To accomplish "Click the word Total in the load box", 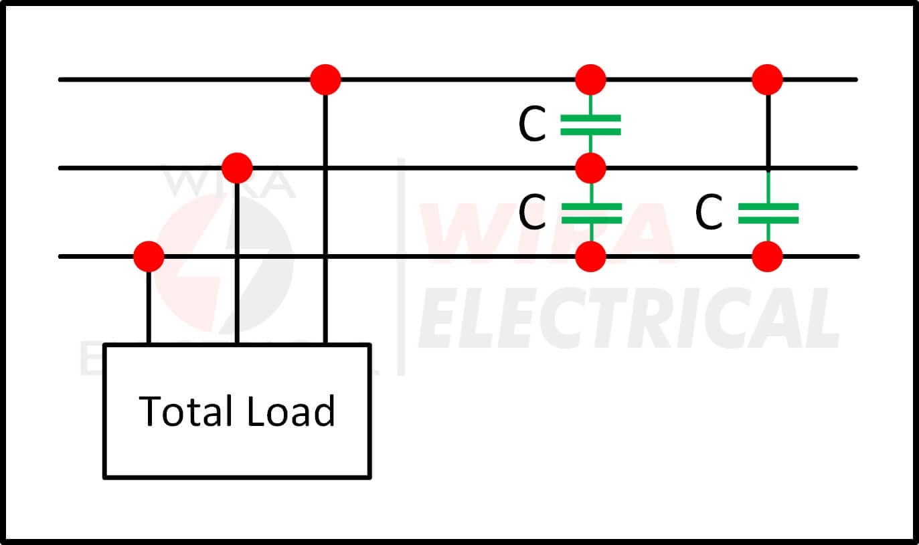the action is coord(186,411).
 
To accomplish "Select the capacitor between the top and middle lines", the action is coord(590,124).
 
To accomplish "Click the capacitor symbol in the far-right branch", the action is coord(768,213).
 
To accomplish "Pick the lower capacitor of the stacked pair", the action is coord(591,213).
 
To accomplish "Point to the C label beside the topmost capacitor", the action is coord(532,123).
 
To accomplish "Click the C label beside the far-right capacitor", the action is coord(709,211).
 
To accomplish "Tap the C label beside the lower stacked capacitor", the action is coord(532,211).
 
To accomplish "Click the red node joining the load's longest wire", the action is coord(325,80).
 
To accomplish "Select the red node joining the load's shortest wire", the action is coord(149,257).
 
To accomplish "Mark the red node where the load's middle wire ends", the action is coord(237,168).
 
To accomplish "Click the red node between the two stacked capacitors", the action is coord(591,168).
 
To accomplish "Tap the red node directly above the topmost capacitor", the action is coord(591,80).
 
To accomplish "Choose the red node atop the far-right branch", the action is coord(767,80).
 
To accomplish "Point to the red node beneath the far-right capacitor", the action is coord(767,257).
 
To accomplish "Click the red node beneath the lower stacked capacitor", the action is coord(591,257).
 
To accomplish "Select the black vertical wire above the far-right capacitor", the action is coord(768,131).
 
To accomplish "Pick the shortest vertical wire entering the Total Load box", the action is coord(149,308).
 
